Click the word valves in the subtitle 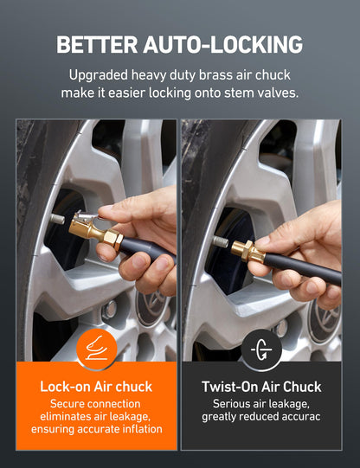[x=276, y=93]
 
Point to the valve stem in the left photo [x=57, y=219]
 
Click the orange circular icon [x=96, y=349]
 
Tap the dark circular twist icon [x=260, y=349]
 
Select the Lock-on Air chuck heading [x=96, y=387]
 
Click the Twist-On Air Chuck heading [x=260, y=387]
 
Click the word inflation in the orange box [x=138, y=429]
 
